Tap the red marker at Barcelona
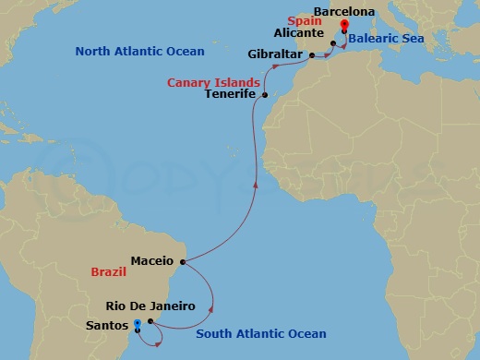[344, 25]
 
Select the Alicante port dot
[333, 42]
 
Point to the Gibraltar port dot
[311, 55]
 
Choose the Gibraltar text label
[275, 55]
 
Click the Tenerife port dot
[265, 95]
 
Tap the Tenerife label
[231, 95]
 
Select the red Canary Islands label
[213, 82]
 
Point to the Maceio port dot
[182, 261]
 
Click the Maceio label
[152, 261]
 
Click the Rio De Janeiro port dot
[150, 321]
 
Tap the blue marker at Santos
[137, 324]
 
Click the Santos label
[107, 326]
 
